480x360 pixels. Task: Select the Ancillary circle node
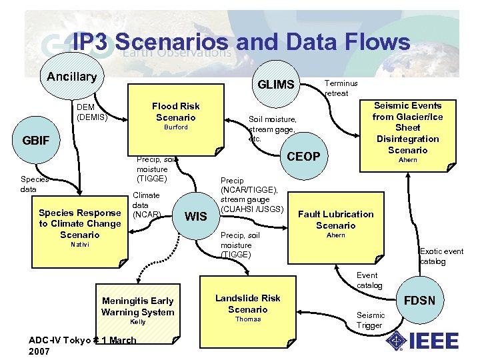pyautogui.click(x=71, y=76)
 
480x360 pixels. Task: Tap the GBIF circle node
pyautogui.click(x=34, y=141)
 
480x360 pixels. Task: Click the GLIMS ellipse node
pyautogui.click(x=275, y=84)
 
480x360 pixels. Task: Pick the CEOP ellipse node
pyautogui.click(x=303, y=156)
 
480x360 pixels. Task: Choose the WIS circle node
pyautogui.click(x=195, y=216)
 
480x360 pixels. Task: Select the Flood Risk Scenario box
pyautogui.click(x=175, y=117)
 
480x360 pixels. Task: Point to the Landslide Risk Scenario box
pyautogui.click(x=247, y=307)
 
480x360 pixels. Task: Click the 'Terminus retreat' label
pyautogui.click(x=341, y=88)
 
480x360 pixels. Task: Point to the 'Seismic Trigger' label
pyautogui.click(x=371, y=320)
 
